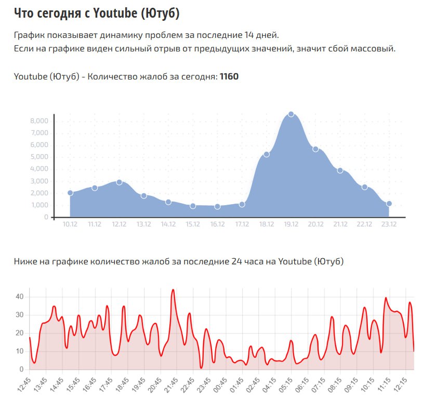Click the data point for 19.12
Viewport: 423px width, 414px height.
[291, 114]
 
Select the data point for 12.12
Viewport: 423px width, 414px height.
[120, 182]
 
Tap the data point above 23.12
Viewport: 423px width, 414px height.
[389, 204]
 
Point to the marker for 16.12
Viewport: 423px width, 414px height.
[217, 206]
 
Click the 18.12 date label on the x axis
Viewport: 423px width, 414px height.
[267, 224]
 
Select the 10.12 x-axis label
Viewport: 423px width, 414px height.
[70, 224]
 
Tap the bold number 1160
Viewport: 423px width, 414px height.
[229, 77]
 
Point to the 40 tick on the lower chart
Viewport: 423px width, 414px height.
[20, 297]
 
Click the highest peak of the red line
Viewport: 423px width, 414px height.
[173, 290]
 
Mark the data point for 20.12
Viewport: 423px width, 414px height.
[315, 149]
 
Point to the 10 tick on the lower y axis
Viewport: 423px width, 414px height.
[20, 352]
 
